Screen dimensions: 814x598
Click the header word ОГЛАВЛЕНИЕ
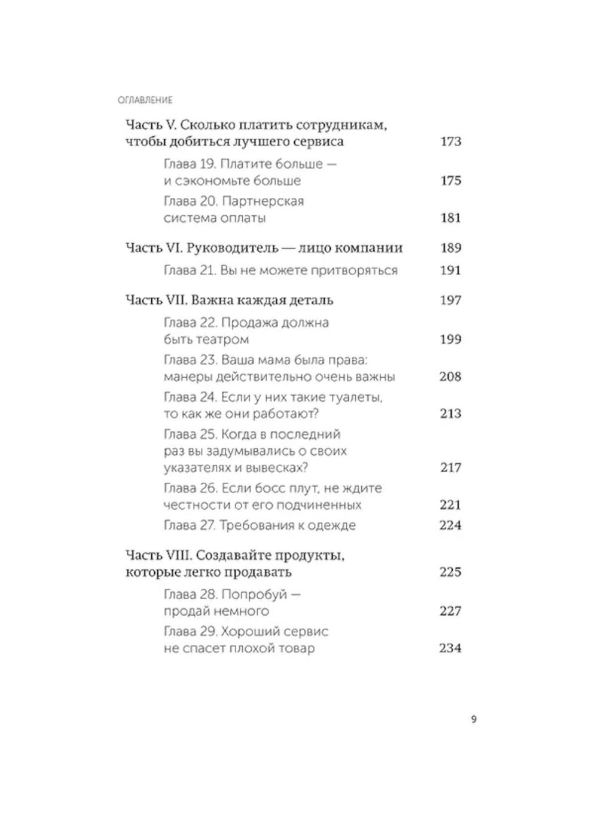pos(145,100)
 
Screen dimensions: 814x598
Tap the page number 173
pos(450,142)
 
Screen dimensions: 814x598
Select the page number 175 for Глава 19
pos(450,180)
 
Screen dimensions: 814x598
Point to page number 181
pos(450,218)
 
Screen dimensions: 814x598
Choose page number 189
pos(450,248)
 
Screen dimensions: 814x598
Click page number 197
pos(450,300)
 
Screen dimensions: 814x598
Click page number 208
pos(450,377)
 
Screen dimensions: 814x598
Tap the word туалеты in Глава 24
pos(355,397)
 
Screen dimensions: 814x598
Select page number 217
pos(450,467)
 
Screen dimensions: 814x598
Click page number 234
pos(450,648)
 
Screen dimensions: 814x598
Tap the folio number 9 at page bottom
pos(474,720)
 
